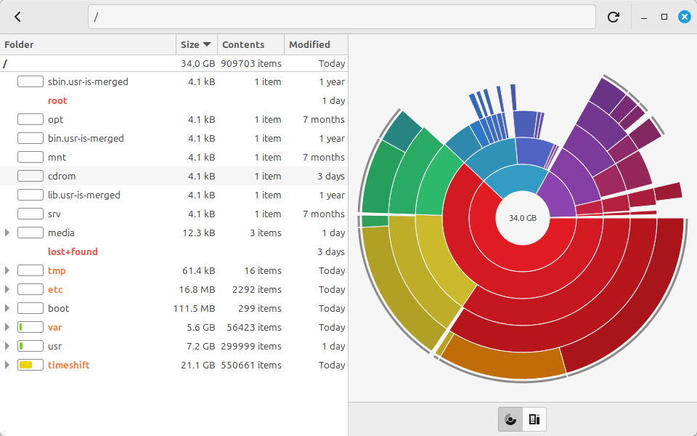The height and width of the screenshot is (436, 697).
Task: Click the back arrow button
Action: pyautogui.click(x=17, y=17)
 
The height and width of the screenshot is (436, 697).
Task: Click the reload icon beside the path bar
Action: pyautogui.click(x=614, y=17)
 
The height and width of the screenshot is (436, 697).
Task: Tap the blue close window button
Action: pyautogui.click(x=685, y=17)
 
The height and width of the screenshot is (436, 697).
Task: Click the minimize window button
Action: pyautogui.click(x=644, y=17)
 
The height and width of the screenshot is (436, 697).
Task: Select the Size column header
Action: pyautogui.click(x=196, y=44)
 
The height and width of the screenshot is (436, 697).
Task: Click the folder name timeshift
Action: pyautogui.click(x=69, y=365)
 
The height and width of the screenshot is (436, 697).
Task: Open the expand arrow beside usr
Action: pyautogui.click(x=7, y=346)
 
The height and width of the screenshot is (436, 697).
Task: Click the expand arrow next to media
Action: pyautogui.click(x=7, y=233)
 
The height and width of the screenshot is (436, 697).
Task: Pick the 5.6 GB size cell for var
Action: pyautogui.click(x=201, y=327)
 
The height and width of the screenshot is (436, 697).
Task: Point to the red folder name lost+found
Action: pyautogui.click(x=73, y=251)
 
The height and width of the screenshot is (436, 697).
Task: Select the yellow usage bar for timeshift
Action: pyautogui.click(x=26, y=365)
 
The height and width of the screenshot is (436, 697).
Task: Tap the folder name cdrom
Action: pyautogui.click(x=62, y=176)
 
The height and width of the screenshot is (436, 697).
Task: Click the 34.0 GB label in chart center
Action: pyautogui.click(x=523, y=218)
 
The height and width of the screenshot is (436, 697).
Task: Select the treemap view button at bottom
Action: pyautogui.click(x=534, y=419)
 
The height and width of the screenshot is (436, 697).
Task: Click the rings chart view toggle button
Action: pyautogui.click(x=510, y=419)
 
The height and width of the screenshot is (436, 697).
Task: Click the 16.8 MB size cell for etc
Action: pyautogui.click(x=197, y=290)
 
